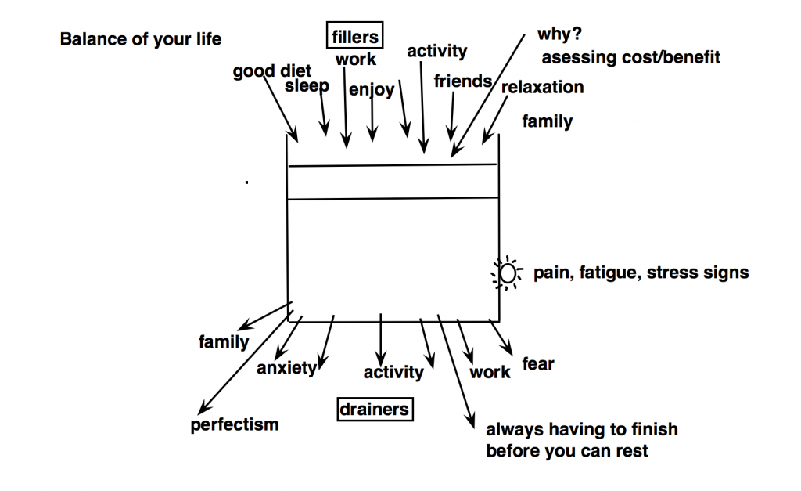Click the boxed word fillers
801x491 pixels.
[355, 36]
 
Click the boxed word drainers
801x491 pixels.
[374, 409]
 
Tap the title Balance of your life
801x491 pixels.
[141, 39]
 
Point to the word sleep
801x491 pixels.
[307, 85]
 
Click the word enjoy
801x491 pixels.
[372, 90]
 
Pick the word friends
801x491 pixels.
[463, 81]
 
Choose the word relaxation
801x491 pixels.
[542, 87]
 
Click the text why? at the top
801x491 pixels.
[555, 35]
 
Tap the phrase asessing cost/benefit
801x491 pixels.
[630, 57]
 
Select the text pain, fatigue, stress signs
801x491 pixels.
[641, 273]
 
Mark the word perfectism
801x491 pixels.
[235, 425]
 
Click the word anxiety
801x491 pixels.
[286, 367]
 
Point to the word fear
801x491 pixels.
[538, 364]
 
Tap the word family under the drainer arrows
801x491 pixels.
[224, 341]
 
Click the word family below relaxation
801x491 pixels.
[548, 121]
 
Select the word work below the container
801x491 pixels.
[490, 372]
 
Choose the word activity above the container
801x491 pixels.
[436, 52]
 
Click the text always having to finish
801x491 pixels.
[582, 429]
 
